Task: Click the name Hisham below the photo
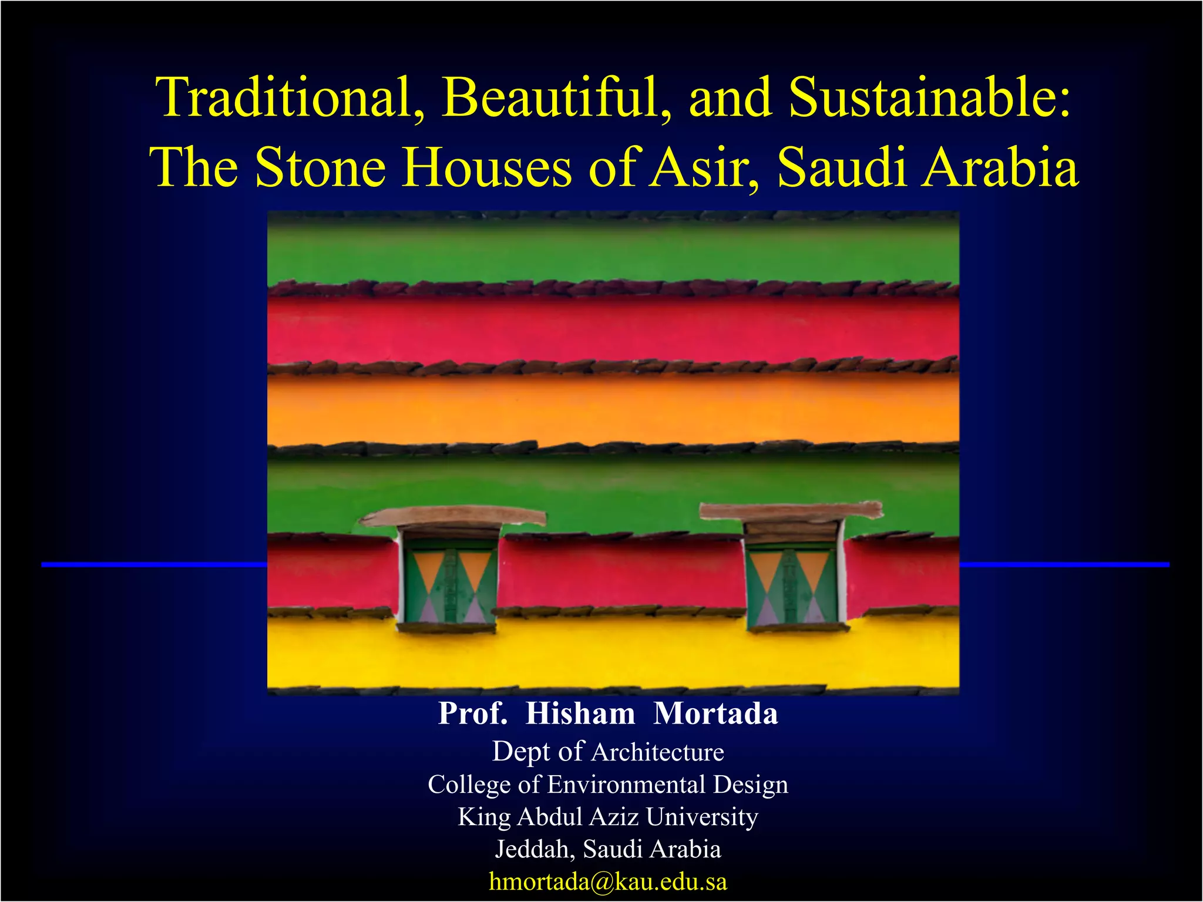[580, 713]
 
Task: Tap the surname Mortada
[715, 713]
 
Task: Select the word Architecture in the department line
[658, 752]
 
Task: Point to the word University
[702, 817]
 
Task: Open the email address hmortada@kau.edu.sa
[608, 881]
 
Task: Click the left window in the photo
[449, 584]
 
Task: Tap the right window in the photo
[792, 584]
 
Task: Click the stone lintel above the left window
[452, 516]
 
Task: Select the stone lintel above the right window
[791, 511]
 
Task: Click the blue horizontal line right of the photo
[1064, 564]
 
